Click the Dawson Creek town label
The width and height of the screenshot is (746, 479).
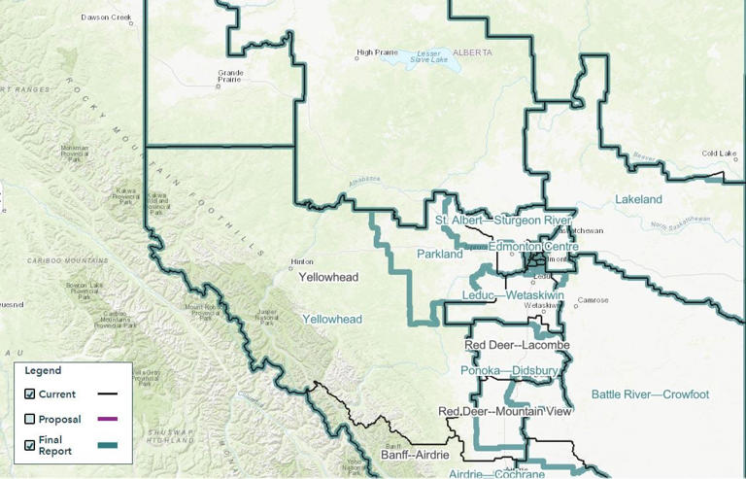106,17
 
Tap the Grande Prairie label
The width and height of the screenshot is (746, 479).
230,76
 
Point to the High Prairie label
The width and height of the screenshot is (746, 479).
378,52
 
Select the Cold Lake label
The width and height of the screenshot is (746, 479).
720,154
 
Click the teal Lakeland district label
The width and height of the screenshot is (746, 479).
638,199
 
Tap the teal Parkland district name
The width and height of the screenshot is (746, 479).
439,255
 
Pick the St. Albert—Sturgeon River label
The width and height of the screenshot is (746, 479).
502,221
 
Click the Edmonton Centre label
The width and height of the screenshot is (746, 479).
532,248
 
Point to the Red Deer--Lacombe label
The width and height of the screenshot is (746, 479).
517,345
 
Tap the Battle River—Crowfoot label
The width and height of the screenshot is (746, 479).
650,394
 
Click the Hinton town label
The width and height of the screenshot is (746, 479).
302,261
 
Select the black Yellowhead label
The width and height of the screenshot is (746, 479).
328,277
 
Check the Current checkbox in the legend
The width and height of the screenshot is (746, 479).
30,393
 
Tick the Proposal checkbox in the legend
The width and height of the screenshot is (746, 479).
30,419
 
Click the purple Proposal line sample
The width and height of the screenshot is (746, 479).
108,419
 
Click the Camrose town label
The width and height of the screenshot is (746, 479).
593,300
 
